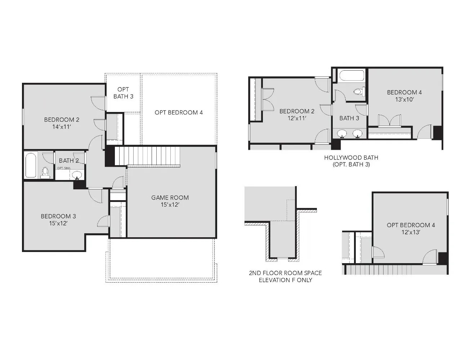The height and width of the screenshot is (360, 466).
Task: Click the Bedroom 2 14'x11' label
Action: (x=62, y=123)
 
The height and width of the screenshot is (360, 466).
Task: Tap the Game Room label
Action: (x=170, y=201)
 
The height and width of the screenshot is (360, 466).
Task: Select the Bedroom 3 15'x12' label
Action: (x=58, y=220)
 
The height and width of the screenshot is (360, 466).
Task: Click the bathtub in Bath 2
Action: (x=31, y=165)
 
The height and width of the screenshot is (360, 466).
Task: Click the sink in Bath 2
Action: (x=77, y=175)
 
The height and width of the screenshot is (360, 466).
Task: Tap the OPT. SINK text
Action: (x=64, y=168)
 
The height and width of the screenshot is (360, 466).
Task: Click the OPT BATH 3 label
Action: (x=123, y=93)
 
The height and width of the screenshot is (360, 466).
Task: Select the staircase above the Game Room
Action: (x=147, y=156)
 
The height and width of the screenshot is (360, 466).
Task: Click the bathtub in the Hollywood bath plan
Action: (x=352, y=76)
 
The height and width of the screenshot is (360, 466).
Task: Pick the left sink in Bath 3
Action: (x=342, y=134)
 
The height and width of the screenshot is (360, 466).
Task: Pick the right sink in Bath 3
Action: (x=357, y=134)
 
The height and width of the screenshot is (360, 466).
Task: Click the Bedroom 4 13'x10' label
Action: (x=404, y=96)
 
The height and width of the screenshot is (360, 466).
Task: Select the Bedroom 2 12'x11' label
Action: (x=297, y=114)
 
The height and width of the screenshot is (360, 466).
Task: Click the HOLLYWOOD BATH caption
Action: (x=351, y=161)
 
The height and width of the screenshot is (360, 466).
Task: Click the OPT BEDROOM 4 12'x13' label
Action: (x=411, y=229)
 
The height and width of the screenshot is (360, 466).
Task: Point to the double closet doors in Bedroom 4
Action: (x=389, y=121)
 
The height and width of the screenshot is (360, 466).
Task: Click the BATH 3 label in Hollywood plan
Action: (x=349, y=118)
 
